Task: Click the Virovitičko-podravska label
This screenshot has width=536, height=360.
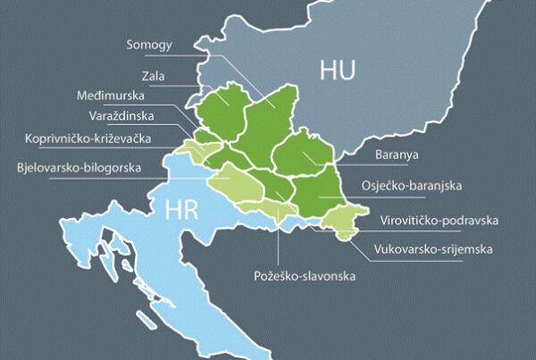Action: pos(438,220)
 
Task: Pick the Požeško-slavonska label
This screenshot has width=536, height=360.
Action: pos(304,277)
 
